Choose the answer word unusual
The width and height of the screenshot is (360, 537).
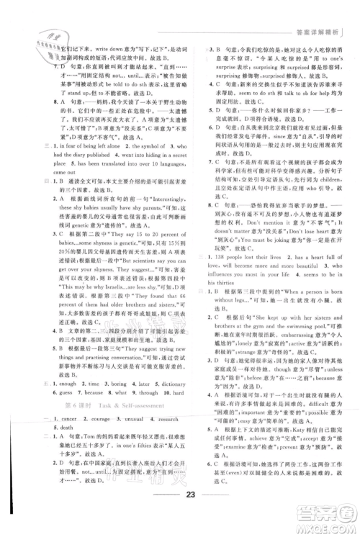136,419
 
